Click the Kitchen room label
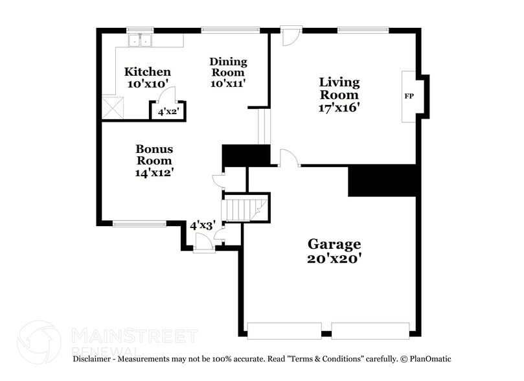click(148, 72)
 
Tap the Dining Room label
click(228, 62)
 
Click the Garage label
click(334, 244)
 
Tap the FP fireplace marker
click(409, 97)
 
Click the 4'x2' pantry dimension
click(168, 112)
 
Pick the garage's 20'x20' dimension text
click(334, 259)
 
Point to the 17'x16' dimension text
click(339, 108)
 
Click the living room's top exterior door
click(290, 35)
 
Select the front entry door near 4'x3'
click(203, 244)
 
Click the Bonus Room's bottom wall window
click(139, 224)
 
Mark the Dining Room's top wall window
click(230, 29)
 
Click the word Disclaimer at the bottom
click(95, 359)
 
